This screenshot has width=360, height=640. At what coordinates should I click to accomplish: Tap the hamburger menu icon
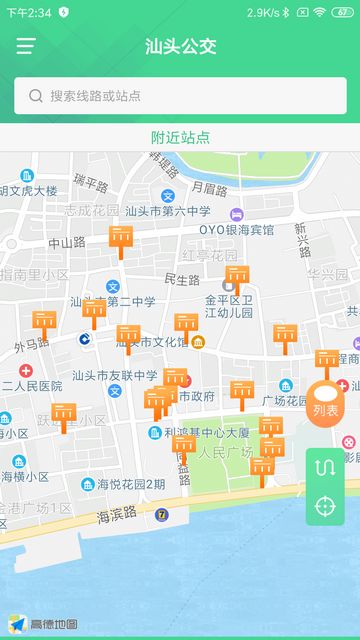[x=26, y=46]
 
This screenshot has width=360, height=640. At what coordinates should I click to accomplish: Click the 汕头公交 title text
[x=180, y=46]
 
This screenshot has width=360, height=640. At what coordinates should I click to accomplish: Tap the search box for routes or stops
[x=180, y=96]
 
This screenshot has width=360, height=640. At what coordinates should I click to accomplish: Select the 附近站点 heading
[x=180, y=138]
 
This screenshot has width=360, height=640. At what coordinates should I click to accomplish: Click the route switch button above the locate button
[x=325, y=467]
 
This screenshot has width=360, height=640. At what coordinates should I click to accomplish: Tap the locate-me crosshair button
[x=325, y=505]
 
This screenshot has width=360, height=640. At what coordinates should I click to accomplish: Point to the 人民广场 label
[x=226, y=452]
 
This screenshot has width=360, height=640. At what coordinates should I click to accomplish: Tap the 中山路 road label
[x=67, y=243]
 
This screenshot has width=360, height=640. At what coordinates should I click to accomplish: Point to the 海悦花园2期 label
[x=131, y=484]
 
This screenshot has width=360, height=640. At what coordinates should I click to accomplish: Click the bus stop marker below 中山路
[x=121, y=239]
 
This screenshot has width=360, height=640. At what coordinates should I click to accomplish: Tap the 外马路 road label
[x=32, y=345]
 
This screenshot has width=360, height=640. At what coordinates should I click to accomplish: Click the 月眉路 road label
[x=209, y=188]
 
